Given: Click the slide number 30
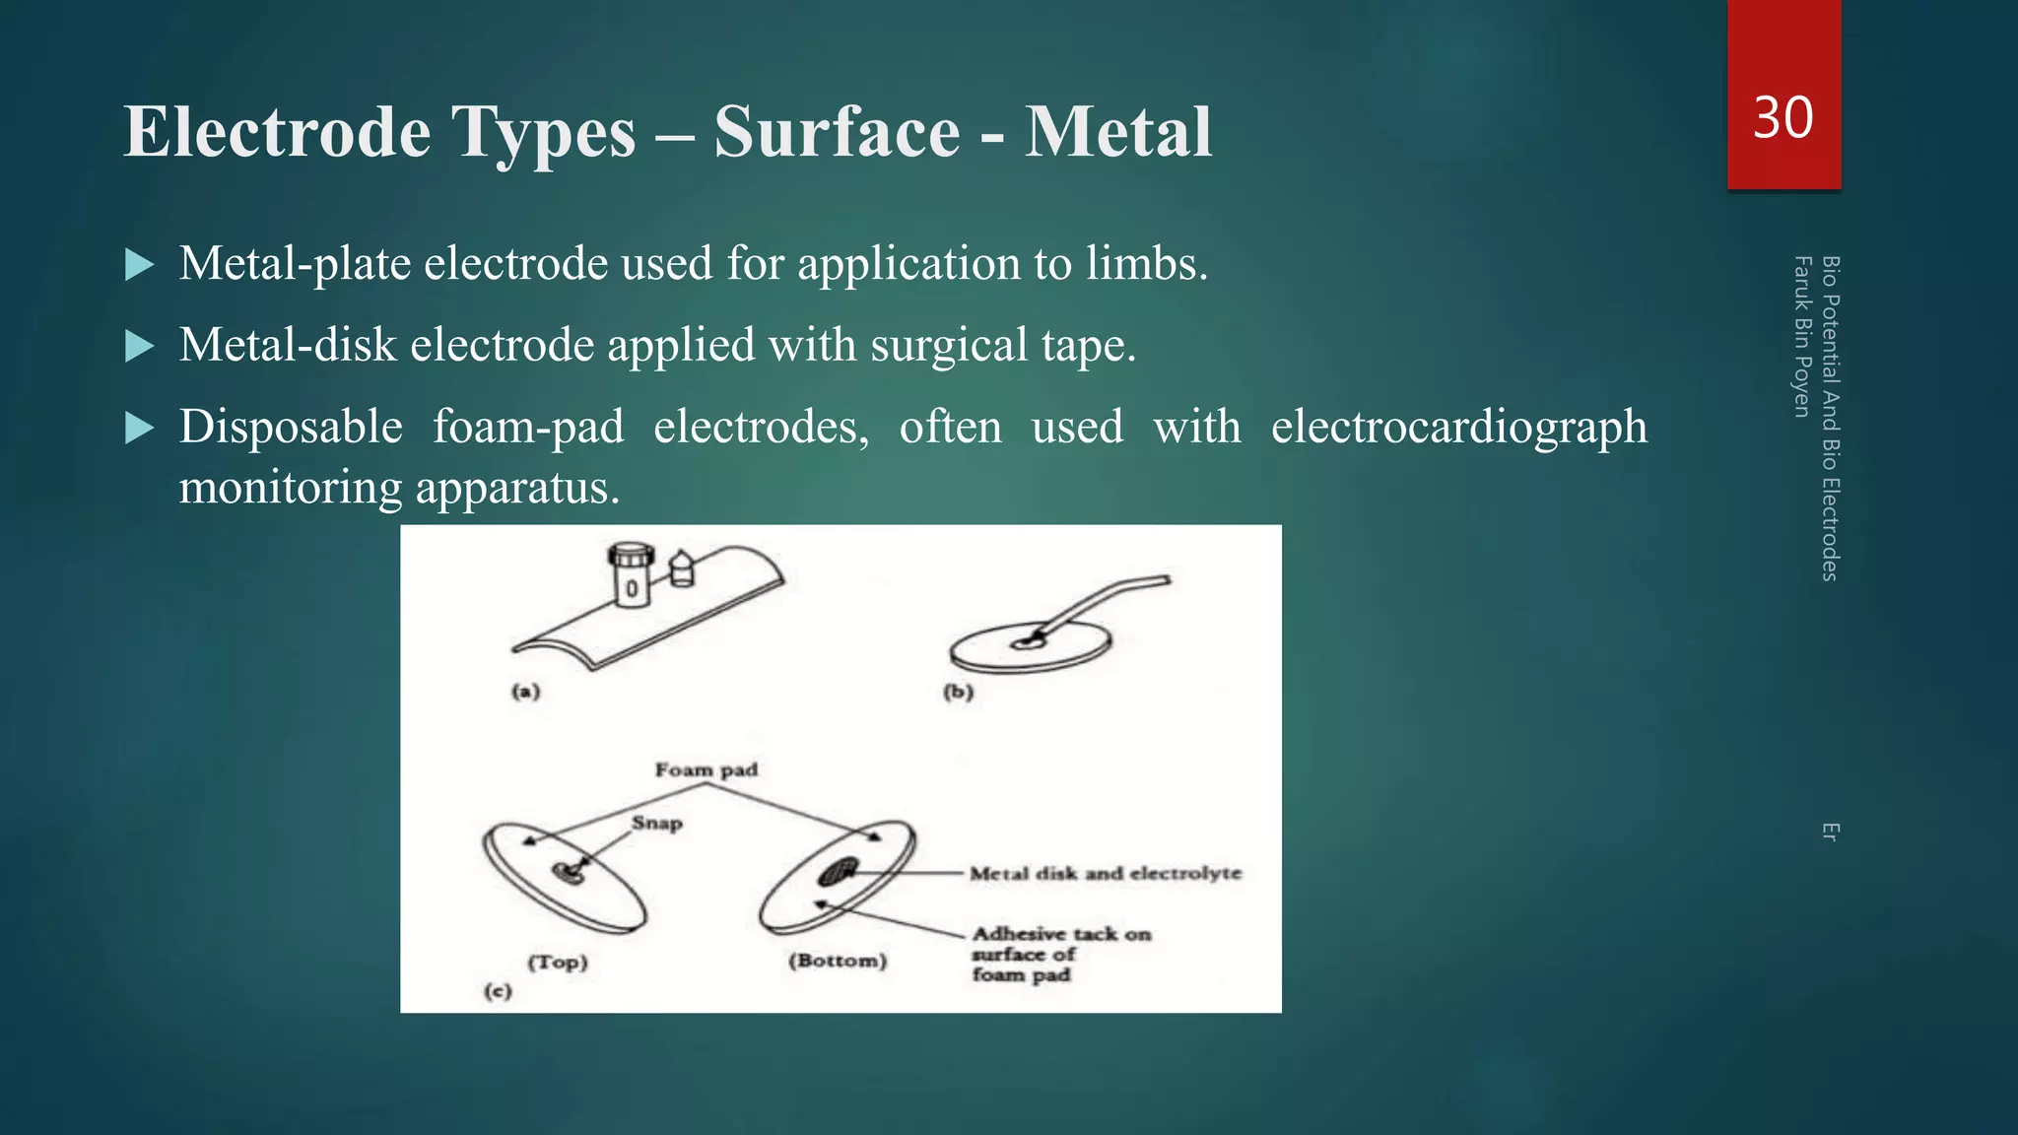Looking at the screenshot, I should click(1783, 118).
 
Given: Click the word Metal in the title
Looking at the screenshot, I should click(1117, 132).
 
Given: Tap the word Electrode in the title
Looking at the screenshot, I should click(277, 132).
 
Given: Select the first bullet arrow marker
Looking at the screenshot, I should click(140, 265).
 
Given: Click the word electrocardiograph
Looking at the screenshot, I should click(1458, 428).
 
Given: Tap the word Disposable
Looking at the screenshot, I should click(291, 428).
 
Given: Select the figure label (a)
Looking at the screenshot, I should click(525, 692).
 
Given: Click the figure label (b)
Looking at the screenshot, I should click(958, 692).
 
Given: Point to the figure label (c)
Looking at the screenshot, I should click(498, 991).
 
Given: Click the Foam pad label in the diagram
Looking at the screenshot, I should click(706, 769).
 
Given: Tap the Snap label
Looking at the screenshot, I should click(657, 823).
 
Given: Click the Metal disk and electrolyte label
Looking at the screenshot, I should click(1105, 873).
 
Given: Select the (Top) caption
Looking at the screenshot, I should click(558, 963).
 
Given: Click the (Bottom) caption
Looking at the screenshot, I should click(838, 961).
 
